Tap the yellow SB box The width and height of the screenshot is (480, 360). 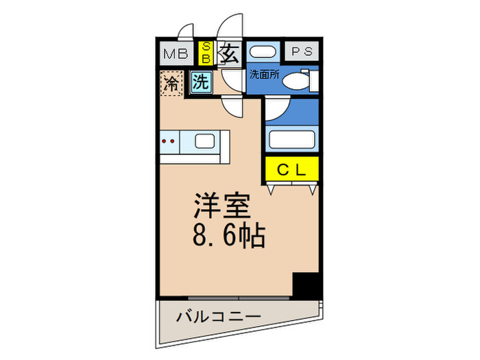click(x=205, y=53)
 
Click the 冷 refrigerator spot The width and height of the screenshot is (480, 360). click(x=171, y=84)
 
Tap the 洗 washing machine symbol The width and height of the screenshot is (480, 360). click(x=200, y=83)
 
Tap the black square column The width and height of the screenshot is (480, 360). click(x=306, y=285)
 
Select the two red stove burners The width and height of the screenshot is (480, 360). click(x=168, y=143)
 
